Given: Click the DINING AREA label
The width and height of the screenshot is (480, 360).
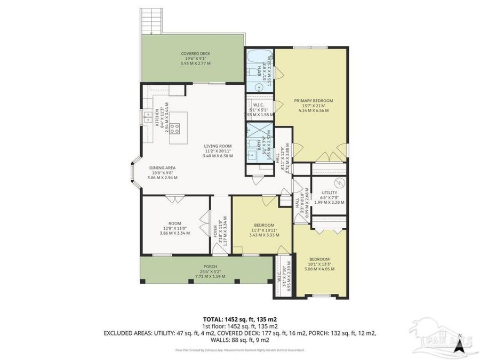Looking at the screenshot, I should (163, 172).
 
